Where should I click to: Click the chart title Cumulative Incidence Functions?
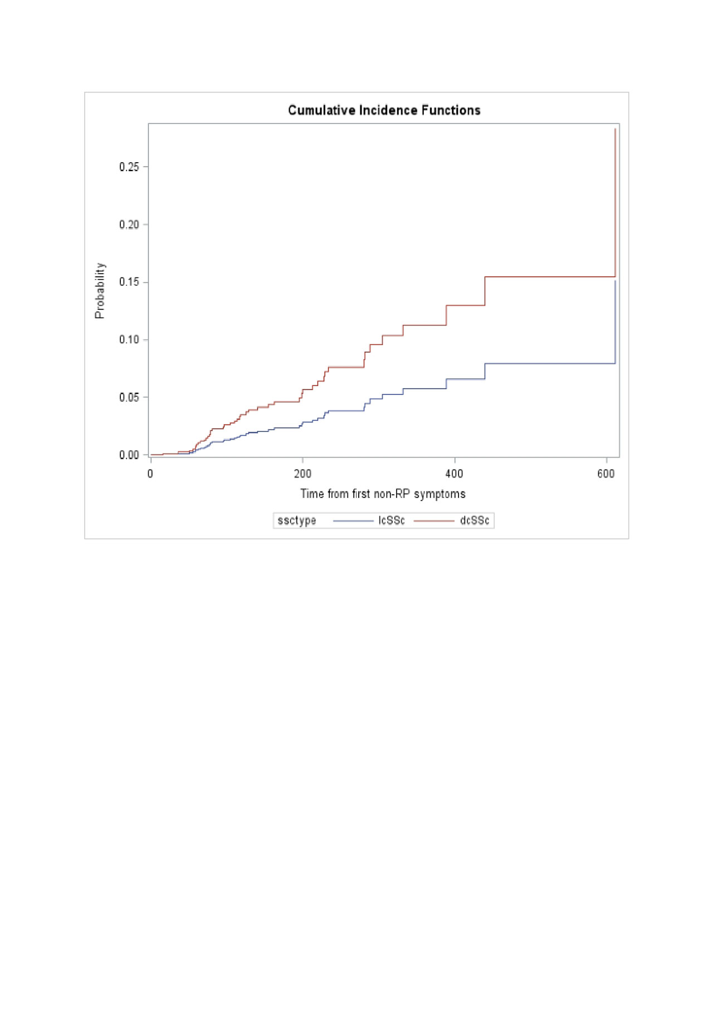(x=384, y=110)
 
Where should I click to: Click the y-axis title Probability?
(x=100, y=290)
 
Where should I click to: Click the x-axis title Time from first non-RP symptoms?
(x=383, y=494)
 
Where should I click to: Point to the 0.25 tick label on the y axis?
(x=129, y=167)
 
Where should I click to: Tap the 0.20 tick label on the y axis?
(x=129, y=225)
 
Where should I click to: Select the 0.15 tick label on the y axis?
(x=129, y=282)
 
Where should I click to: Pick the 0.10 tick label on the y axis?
(x=129, y=340)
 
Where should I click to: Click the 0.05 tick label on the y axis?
(x=129, y=397)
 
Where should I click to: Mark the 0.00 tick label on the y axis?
(x=129, y=455)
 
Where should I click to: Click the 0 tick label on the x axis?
(x=150, y=474)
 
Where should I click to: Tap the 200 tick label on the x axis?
(x=302, y=474)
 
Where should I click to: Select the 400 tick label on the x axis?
(x=454, y=474)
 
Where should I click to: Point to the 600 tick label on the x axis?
(x=606, y=474)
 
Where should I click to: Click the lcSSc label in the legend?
(x=392, y=520)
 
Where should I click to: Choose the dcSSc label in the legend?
(x=475, y=520)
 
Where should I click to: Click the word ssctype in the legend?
(x=297, y=520)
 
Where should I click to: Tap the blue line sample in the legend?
(x=353, y=521)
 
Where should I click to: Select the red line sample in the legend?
(x=434, y=521)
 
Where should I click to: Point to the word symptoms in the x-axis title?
(x=439, y=494)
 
